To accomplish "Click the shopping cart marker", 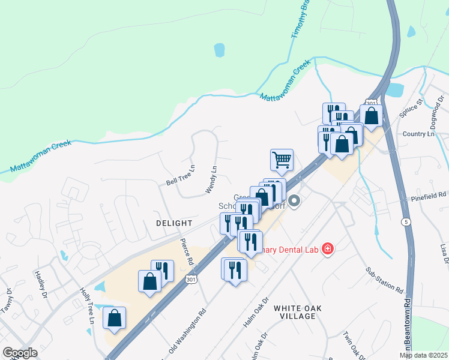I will coord(282,160).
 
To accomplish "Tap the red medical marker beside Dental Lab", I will coord(327,248).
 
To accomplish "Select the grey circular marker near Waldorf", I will coord(294,202).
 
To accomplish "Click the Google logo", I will coord(20,353).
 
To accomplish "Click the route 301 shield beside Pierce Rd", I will coord(191,280).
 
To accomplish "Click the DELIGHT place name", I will coord(173,223).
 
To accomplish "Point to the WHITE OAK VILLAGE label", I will coord(298,313).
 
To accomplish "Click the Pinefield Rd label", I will coord(429,196).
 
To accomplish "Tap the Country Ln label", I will coord(418,134).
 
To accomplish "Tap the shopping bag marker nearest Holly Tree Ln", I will coord(114,318).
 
